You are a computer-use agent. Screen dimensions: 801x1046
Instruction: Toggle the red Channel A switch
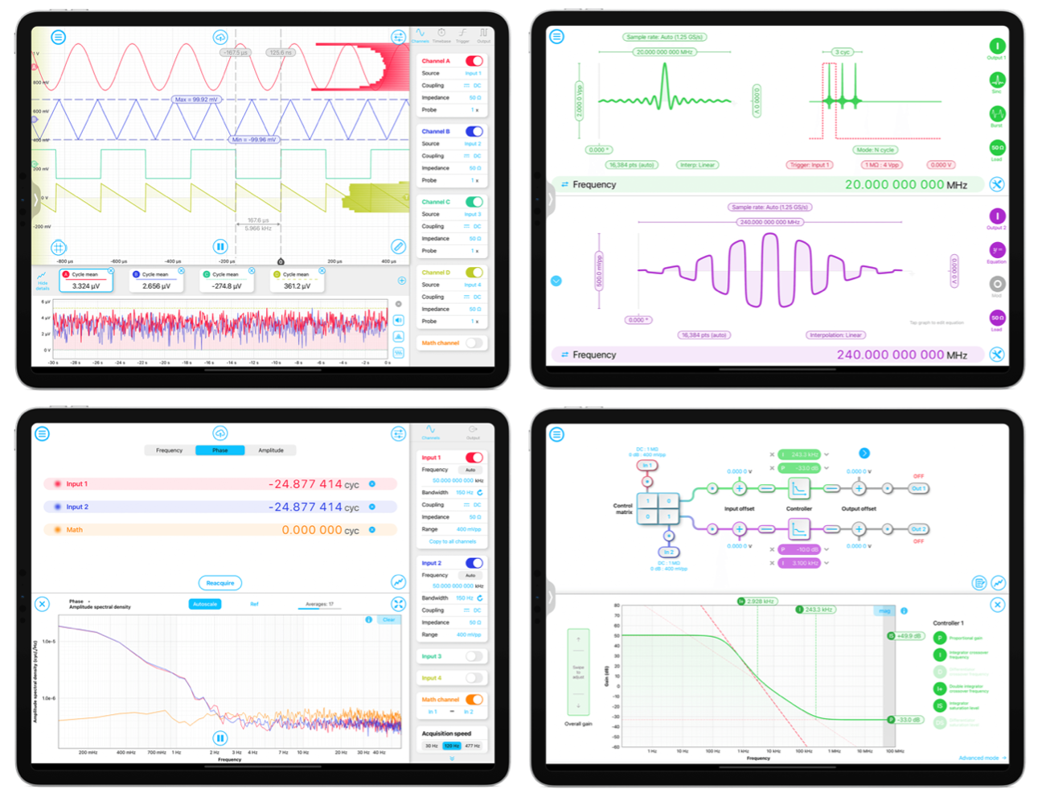(x=474, y=61)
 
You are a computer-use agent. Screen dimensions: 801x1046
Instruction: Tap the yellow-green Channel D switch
(x=474, y=273)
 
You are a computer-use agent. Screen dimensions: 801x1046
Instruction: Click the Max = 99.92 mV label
(x=195, y=100)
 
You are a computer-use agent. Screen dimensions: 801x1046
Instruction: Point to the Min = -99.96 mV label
(x=254, y=139)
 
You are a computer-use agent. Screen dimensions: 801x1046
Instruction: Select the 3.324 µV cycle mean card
(x=86, y=281)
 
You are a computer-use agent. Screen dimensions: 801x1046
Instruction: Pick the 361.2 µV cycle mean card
(x=297, y=281)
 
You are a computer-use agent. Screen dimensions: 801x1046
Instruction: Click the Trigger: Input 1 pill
(x=809, y=165)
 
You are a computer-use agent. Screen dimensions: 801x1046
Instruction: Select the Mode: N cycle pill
(x=876, y=150)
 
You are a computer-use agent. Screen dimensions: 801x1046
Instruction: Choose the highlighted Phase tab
(x=220, y=450)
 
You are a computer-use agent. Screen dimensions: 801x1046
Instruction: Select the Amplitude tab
(x=271, y=450)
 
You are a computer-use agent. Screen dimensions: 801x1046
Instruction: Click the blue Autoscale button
(x=205, y=604)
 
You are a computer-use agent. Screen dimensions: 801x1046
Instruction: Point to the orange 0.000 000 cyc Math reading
(x=320, y=530)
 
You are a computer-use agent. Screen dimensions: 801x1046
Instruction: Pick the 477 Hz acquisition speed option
(x=473, y=746)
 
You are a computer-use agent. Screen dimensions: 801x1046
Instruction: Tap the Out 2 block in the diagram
(x=918, y=529)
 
